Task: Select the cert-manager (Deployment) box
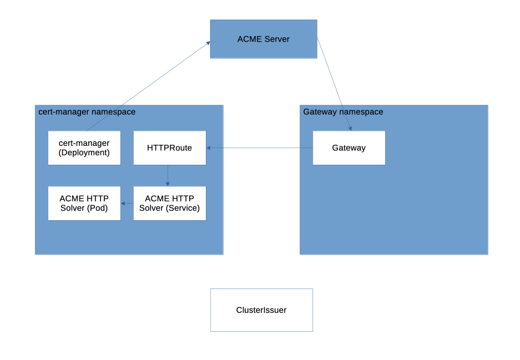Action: point(84,148)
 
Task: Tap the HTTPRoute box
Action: point(169,148)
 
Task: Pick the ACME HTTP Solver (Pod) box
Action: point(84,203)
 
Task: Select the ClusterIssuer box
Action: point(261,310)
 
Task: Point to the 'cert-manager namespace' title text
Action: point(87,112)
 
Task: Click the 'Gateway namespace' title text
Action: point(343,112)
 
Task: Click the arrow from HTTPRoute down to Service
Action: point(168,175)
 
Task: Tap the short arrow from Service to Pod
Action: point(127,204)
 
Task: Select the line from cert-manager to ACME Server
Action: point(148,86)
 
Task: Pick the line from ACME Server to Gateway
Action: point(334,84)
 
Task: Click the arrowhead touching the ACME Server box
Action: point(208,43)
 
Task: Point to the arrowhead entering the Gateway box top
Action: point(350,128)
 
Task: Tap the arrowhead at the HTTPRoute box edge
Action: point(209,148)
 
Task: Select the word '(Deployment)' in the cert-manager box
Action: point(84,153)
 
